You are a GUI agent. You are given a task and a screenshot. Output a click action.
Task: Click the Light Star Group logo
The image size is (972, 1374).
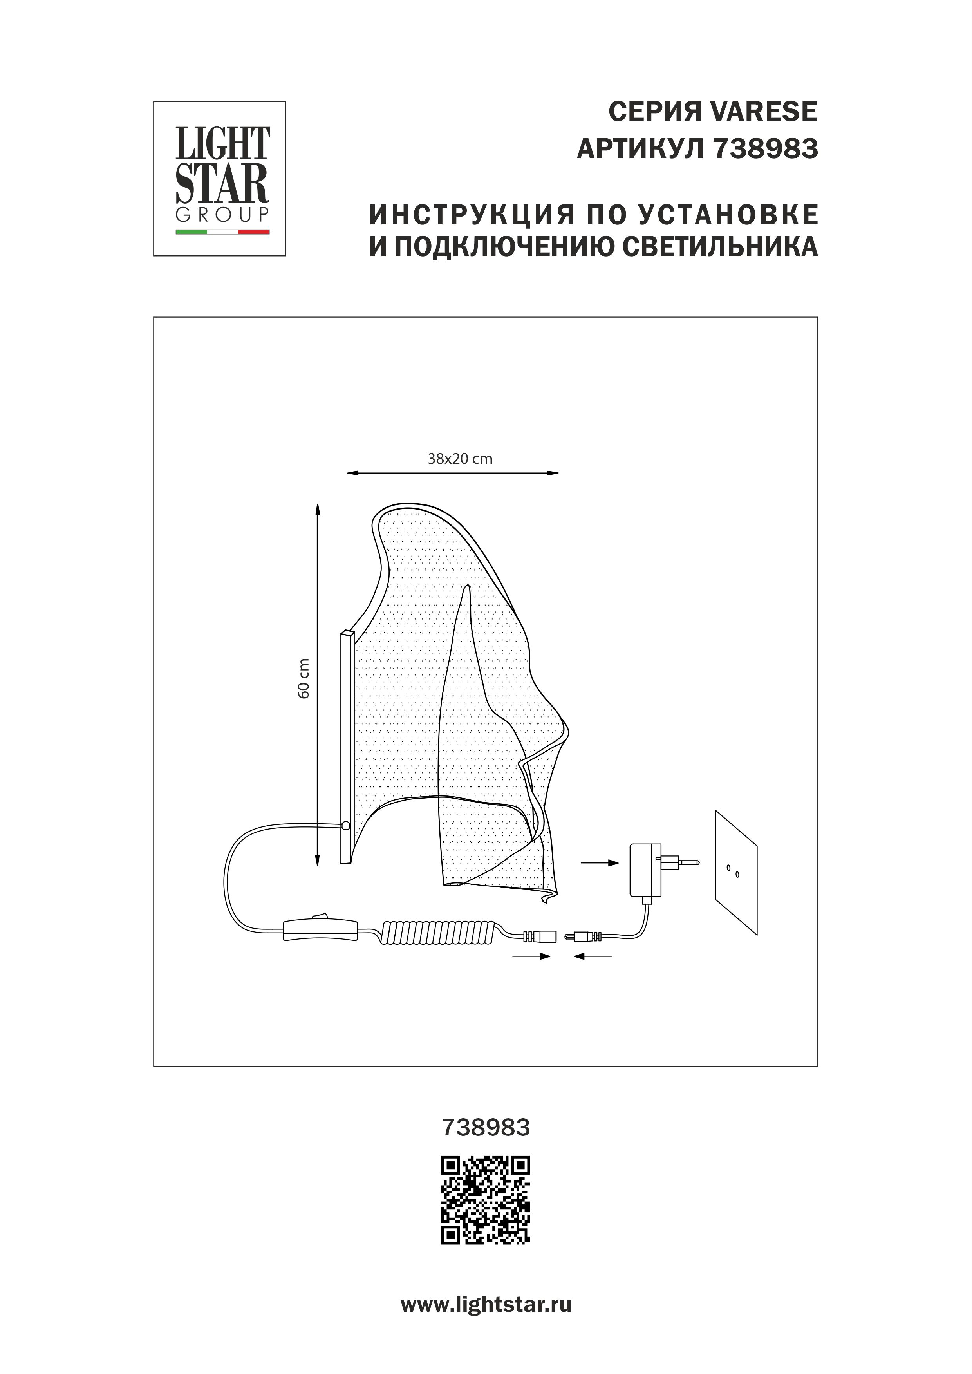(x=220, y=178)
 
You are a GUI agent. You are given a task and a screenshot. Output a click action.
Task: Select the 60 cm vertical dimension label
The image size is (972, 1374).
(x=304, y=678)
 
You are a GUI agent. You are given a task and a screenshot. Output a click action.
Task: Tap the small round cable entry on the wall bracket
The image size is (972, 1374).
(x=345, y=826)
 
